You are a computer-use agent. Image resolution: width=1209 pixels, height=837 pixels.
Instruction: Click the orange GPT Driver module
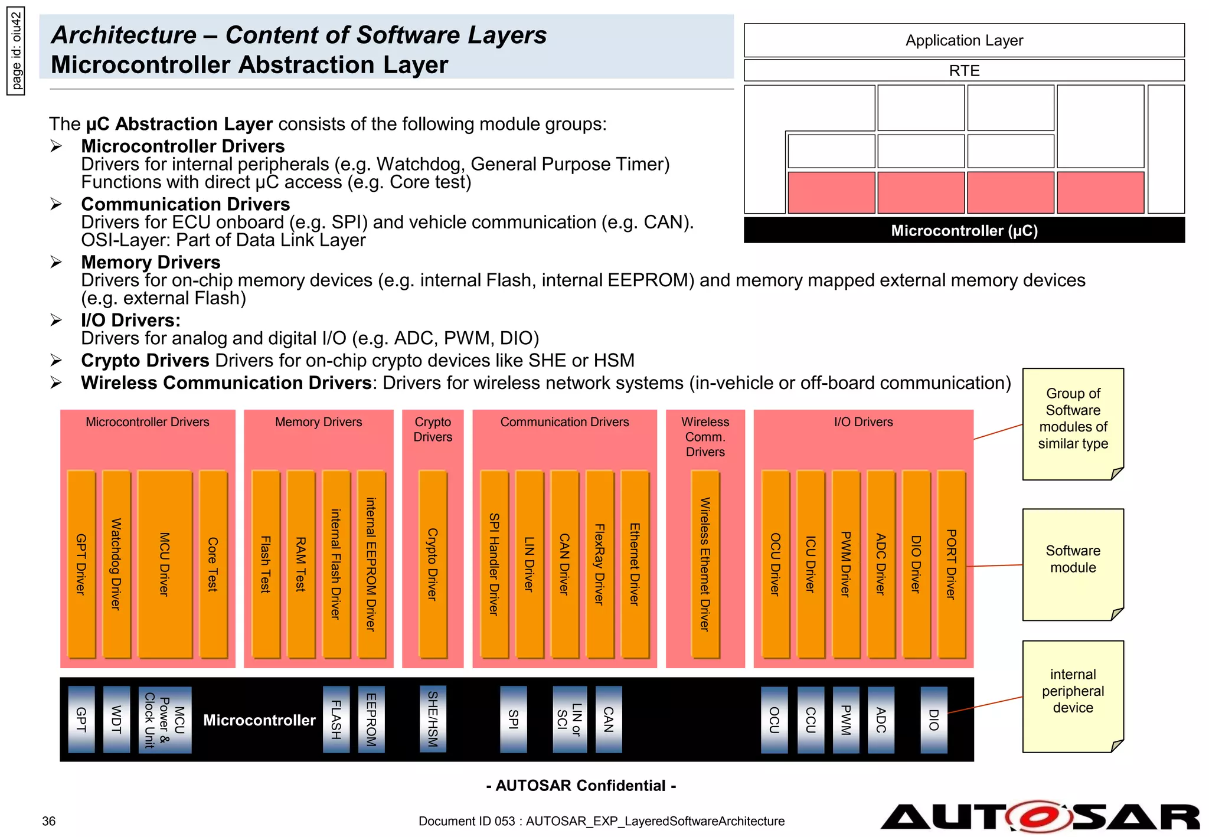81,564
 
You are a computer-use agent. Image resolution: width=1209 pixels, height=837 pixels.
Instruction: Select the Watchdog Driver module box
116,564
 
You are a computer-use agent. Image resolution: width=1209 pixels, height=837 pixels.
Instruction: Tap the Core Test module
213,564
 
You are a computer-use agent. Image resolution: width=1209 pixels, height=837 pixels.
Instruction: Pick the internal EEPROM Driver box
371,564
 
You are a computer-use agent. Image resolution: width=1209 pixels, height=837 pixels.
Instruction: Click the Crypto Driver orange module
432,564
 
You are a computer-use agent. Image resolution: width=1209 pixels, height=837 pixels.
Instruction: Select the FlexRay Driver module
600,564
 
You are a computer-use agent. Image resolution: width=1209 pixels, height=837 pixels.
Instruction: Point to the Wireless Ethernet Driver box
705,564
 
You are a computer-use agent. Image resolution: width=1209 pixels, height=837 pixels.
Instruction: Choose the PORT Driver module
951,564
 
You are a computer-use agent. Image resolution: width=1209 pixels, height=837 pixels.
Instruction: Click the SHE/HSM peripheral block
433,718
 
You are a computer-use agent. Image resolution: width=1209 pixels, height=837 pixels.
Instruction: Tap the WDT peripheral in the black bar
116,719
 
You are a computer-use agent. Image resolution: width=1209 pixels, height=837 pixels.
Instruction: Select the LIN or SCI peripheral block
570,719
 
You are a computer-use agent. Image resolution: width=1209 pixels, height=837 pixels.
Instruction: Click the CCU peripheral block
811,720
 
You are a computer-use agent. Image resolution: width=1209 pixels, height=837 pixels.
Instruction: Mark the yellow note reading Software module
1073,564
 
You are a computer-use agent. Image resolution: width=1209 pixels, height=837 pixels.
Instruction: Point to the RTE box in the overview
963,70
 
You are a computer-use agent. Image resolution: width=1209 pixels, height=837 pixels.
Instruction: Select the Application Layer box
963,40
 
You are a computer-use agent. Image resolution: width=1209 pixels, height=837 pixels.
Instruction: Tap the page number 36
49,821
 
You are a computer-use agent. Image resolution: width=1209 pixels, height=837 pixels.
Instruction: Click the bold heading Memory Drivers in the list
151,262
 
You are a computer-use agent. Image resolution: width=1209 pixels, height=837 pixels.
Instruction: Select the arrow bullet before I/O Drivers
56,320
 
